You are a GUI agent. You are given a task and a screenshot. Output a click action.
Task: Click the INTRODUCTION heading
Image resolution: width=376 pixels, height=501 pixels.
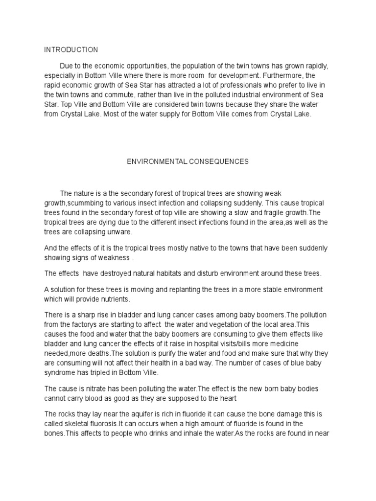[x=71, y=50]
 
